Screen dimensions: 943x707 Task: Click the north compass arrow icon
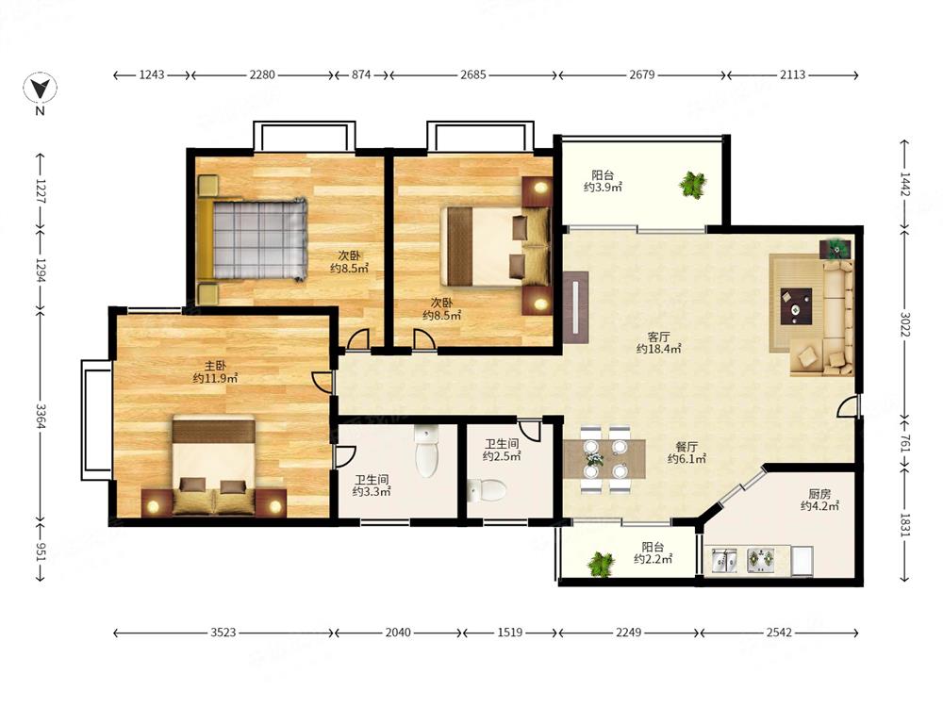tap(41, 89)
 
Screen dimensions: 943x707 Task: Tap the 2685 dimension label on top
tap(473, 75)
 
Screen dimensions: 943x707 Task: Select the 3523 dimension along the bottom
tap(223, 633)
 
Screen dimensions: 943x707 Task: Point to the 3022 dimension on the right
tap(905, 324)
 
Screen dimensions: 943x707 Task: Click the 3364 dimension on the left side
tap(41, 416)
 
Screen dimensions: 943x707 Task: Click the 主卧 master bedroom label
tap(215, 365)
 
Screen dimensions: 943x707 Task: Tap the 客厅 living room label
tap(658, 337)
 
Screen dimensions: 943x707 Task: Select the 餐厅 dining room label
tap(687, 446)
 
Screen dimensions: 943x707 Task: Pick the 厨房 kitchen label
tap(819, 494)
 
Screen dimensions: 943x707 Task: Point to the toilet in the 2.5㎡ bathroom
tap(487, 490)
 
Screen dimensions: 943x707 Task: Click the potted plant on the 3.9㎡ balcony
tap(693, 185)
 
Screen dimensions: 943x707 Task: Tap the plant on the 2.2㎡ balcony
tap(601, 565)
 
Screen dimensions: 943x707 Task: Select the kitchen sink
tap(724, 560)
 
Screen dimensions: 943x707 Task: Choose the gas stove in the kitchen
tap(761, 560)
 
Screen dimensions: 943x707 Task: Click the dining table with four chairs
tap(604, 459)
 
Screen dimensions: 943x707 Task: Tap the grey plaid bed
tap(258, 238)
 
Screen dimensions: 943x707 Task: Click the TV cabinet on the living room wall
tap(575, 307)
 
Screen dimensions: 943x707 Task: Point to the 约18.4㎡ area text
tap(658, 349)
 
